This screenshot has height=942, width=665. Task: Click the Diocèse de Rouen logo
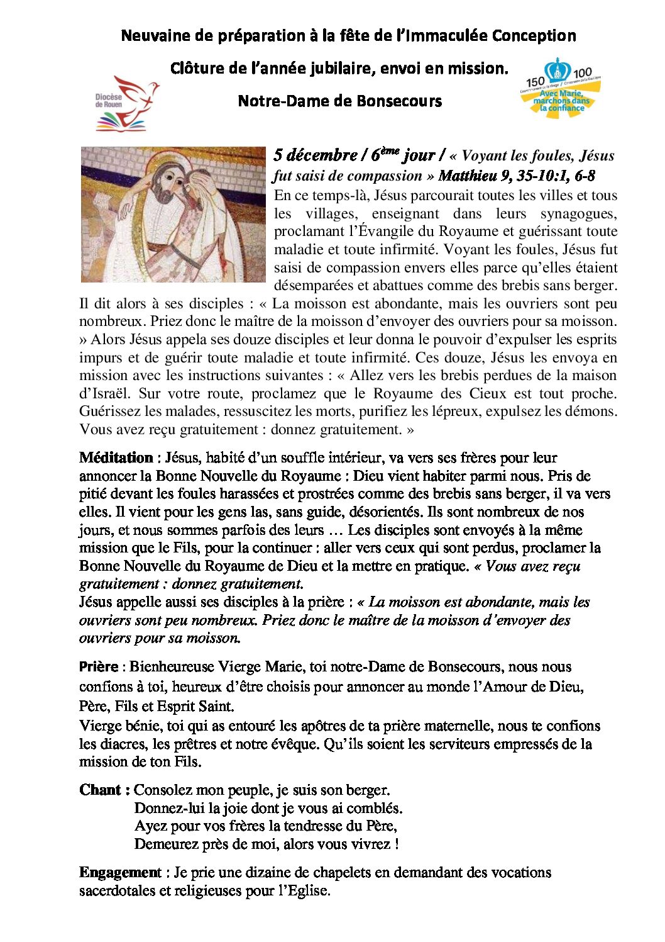point(126,103)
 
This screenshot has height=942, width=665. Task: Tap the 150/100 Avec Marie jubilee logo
point(561,89)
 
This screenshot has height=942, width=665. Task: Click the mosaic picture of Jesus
point(173,215)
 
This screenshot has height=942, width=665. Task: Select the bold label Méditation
point(116,458)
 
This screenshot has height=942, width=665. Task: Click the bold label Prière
point(99,667)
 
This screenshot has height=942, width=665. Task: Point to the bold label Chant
point(104,790)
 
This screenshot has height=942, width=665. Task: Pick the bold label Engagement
point(120,873)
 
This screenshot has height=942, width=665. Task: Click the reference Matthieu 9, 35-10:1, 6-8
point(517,176)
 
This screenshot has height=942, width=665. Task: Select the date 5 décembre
point(315,155)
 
